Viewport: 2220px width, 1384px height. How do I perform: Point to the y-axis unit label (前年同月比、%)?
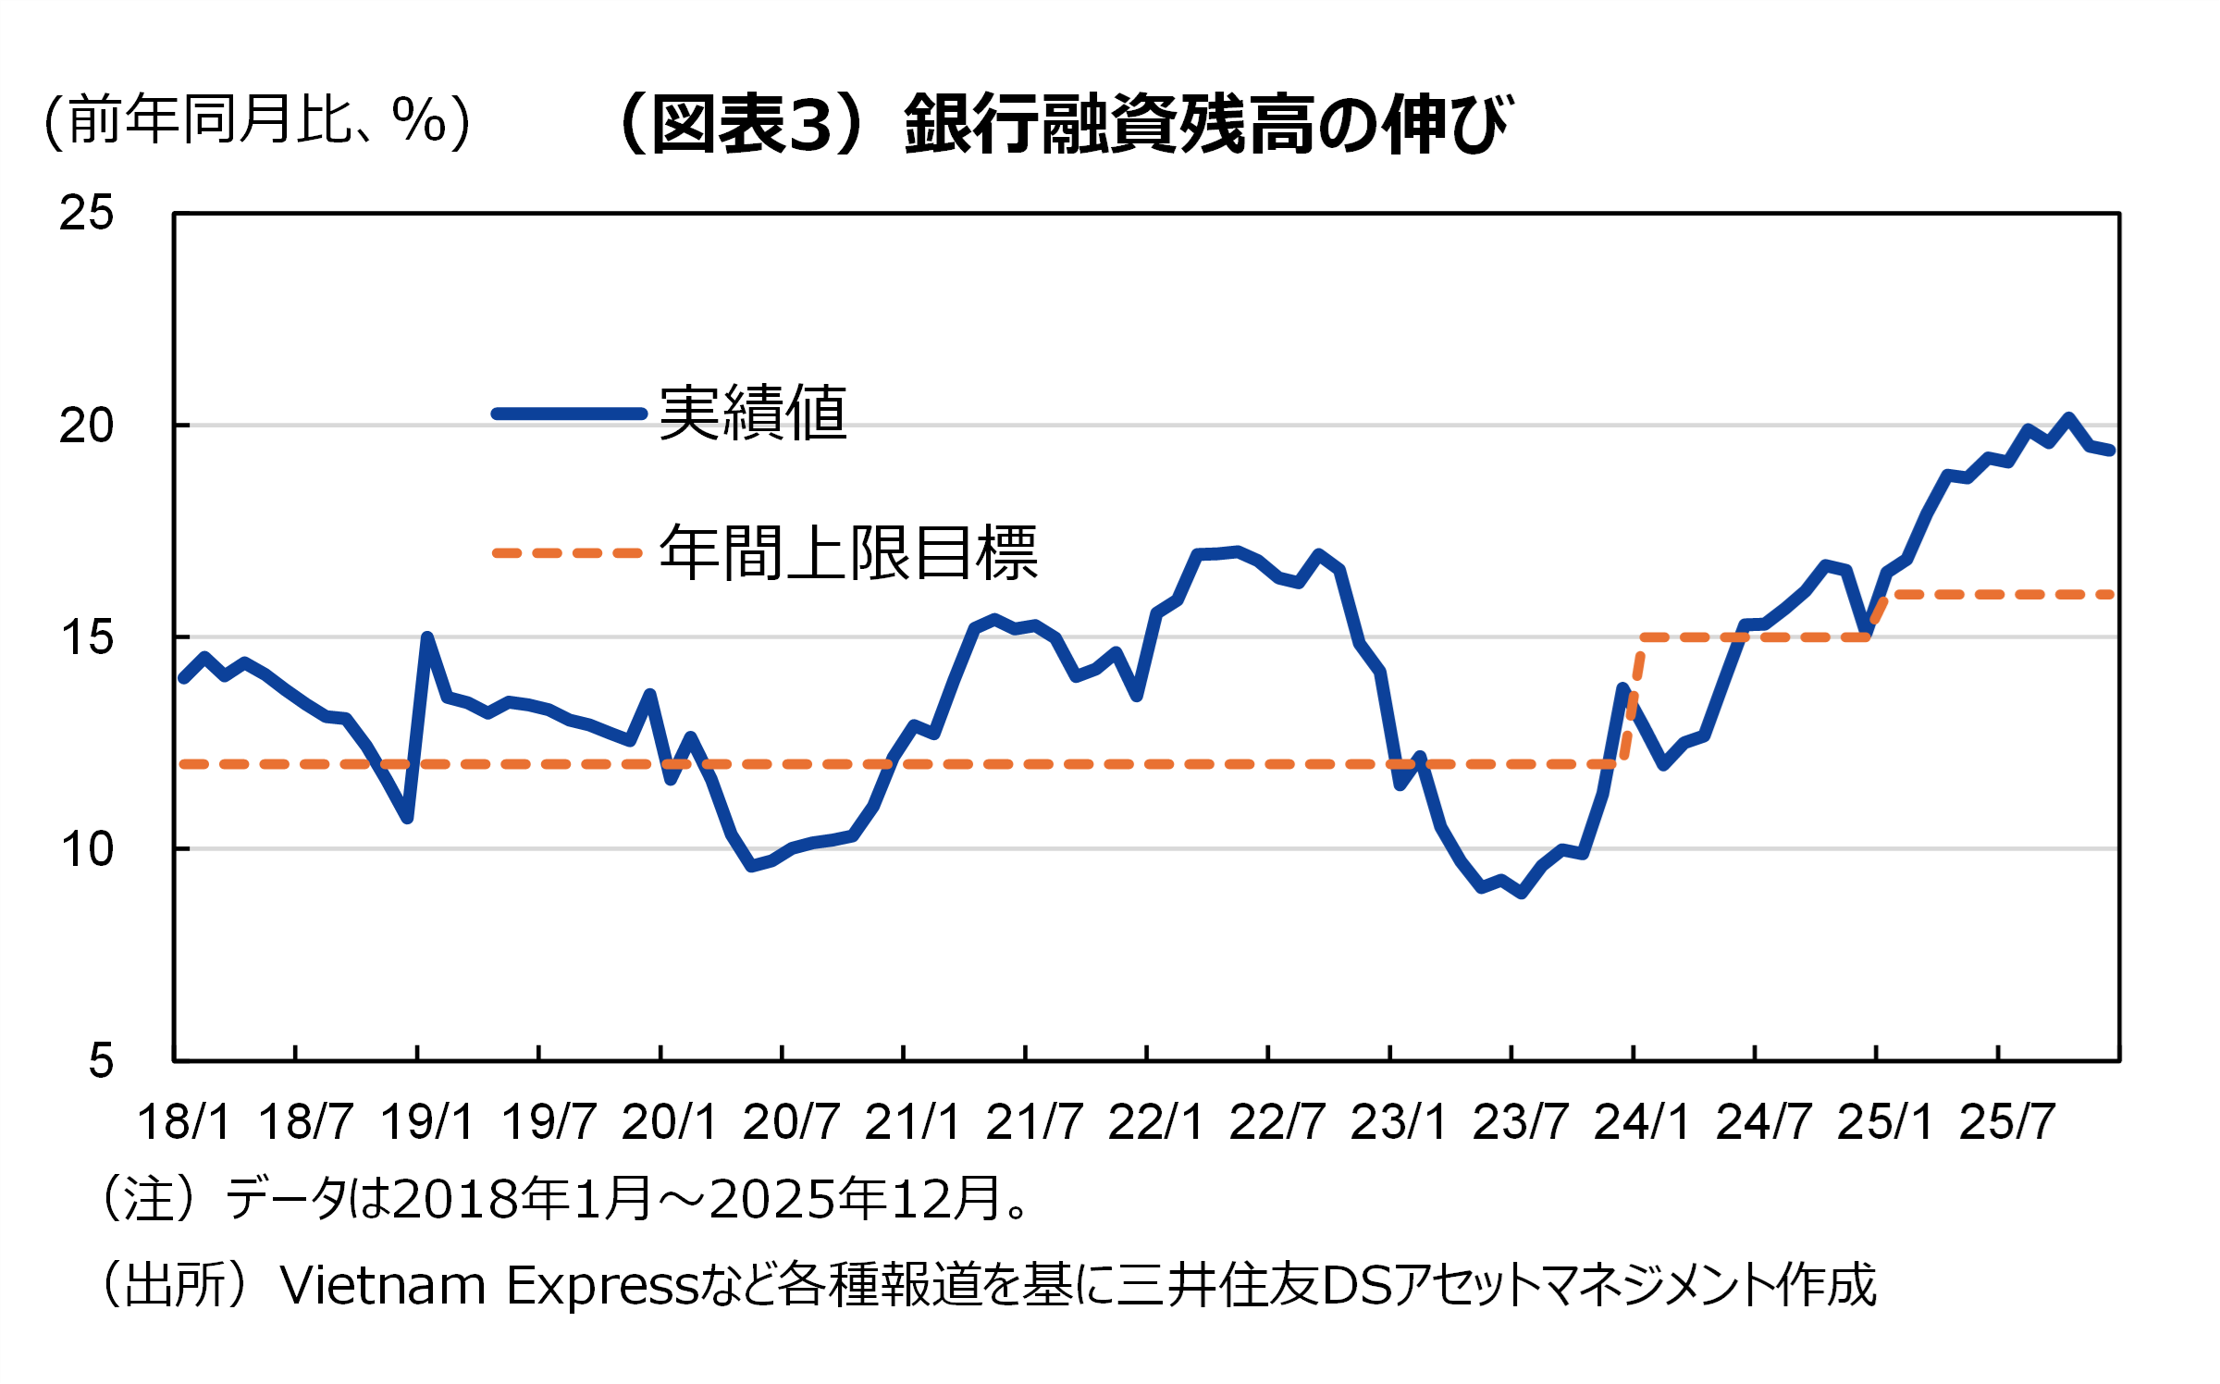pos(257,120)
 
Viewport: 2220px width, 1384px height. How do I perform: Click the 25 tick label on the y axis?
pos(86,213)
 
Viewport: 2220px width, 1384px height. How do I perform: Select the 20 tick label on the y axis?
pos(86,426)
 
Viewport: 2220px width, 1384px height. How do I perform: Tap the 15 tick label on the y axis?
pos(86,637)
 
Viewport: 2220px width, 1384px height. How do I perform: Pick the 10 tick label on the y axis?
pos(86,849)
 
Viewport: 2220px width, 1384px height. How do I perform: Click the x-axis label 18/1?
pos(183,1122)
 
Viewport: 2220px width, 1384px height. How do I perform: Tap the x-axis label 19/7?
pos(549,1122)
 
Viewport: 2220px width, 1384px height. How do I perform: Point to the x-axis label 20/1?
pos(669,1122)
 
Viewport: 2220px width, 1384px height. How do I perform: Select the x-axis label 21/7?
pos(1033,1122)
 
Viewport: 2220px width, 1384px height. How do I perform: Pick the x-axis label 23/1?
pos(1398,1122)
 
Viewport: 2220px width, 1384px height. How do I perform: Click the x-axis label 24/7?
pos(1763,1122)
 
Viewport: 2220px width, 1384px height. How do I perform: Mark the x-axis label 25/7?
pos(2006,1122)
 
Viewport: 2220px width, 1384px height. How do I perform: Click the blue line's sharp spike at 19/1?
pos(426,637)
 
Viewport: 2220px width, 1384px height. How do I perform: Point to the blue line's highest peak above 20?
pos(2068,417)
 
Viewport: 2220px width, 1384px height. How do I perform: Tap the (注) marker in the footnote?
pos(149,1199)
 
